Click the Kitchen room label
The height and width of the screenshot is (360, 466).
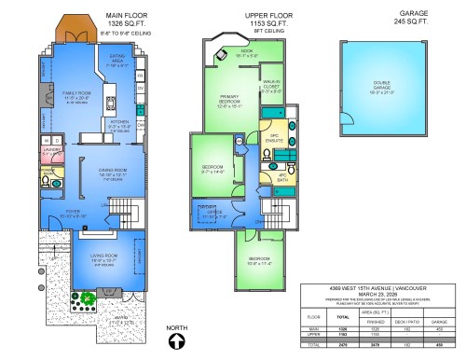point(120,123)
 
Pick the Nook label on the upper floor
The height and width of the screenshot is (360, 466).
point(246,54)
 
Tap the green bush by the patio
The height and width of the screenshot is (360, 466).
point(87,299)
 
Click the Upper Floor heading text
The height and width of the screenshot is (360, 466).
point(269,16)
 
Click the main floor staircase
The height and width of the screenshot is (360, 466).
point(123,207)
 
